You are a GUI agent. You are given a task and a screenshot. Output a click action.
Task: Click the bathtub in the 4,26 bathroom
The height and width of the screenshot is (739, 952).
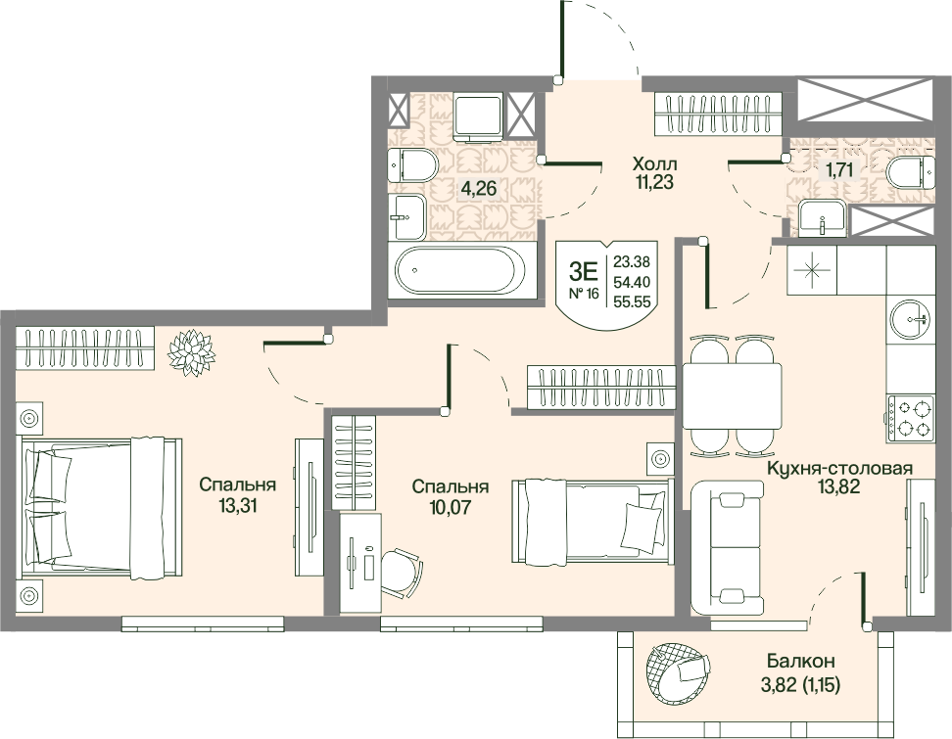click(462, 271)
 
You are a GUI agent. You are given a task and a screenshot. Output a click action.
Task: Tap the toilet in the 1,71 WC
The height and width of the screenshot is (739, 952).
click(910, 172)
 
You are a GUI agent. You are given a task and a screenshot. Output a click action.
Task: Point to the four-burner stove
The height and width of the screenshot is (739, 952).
click(911, 418)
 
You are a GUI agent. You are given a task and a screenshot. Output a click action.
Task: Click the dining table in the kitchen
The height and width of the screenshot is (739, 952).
click(732, 395)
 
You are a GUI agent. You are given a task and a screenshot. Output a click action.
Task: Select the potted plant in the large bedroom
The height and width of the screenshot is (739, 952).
click(192, 352)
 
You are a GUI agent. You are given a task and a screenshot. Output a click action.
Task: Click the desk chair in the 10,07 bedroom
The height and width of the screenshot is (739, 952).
click(401, 573)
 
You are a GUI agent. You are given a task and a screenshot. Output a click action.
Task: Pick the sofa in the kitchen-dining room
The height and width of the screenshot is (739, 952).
click(728, 548)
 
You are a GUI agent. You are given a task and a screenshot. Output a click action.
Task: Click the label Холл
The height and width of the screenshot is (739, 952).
click(655, 163)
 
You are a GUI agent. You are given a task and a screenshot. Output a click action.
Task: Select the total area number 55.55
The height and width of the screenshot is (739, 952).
click(632, 301)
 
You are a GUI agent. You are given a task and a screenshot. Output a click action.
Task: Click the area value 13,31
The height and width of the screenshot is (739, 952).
click(238, 505)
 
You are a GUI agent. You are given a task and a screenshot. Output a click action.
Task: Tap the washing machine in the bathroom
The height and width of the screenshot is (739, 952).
click(479, 116)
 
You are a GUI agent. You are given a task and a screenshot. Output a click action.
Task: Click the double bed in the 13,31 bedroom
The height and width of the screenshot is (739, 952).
click(102, 505)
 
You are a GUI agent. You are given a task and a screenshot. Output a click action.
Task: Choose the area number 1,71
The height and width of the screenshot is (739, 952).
click(838, 170)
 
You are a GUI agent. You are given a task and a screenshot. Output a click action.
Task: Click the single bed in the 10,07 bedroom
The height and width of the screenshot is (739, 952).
click(593, 521)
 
